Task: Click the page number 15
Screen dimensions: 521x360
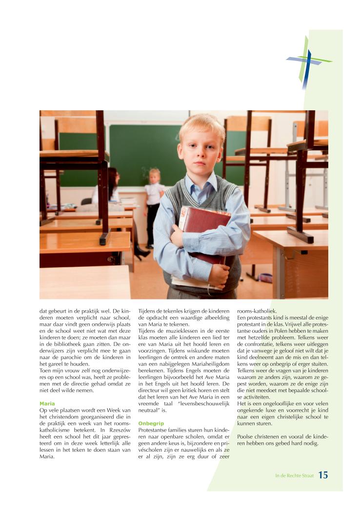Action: pos(323,475)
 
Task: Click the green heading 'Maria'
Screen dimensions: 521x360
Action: pos(47,403)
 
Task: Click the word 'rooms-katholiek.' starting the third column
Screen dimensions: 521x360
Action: pos(256,311)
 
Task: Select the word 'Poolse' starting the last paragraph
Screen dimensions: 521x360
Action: pos(245,436)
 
